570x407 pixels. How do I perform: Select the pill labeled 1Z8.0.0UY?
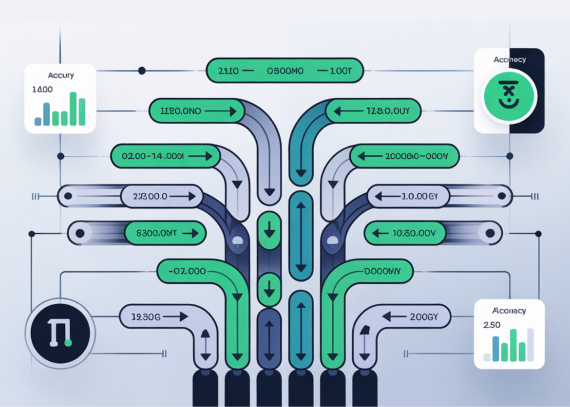(x=373, y=111)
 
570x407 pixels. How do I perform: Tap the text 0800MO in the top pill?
(x=285, y=71)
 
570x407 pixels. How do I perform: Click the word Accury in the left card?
(x=60, y=75)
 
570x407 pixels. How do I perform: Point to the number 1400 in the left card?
(x=42, y=90)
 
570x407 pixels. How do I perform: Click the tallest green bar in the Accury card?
(x=73, y=109)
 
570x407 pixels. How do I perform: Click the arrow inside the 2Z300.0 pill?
(x=185, y=197)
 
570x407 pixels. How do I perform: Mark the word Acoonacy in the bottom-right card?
(x=509, y=310)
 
